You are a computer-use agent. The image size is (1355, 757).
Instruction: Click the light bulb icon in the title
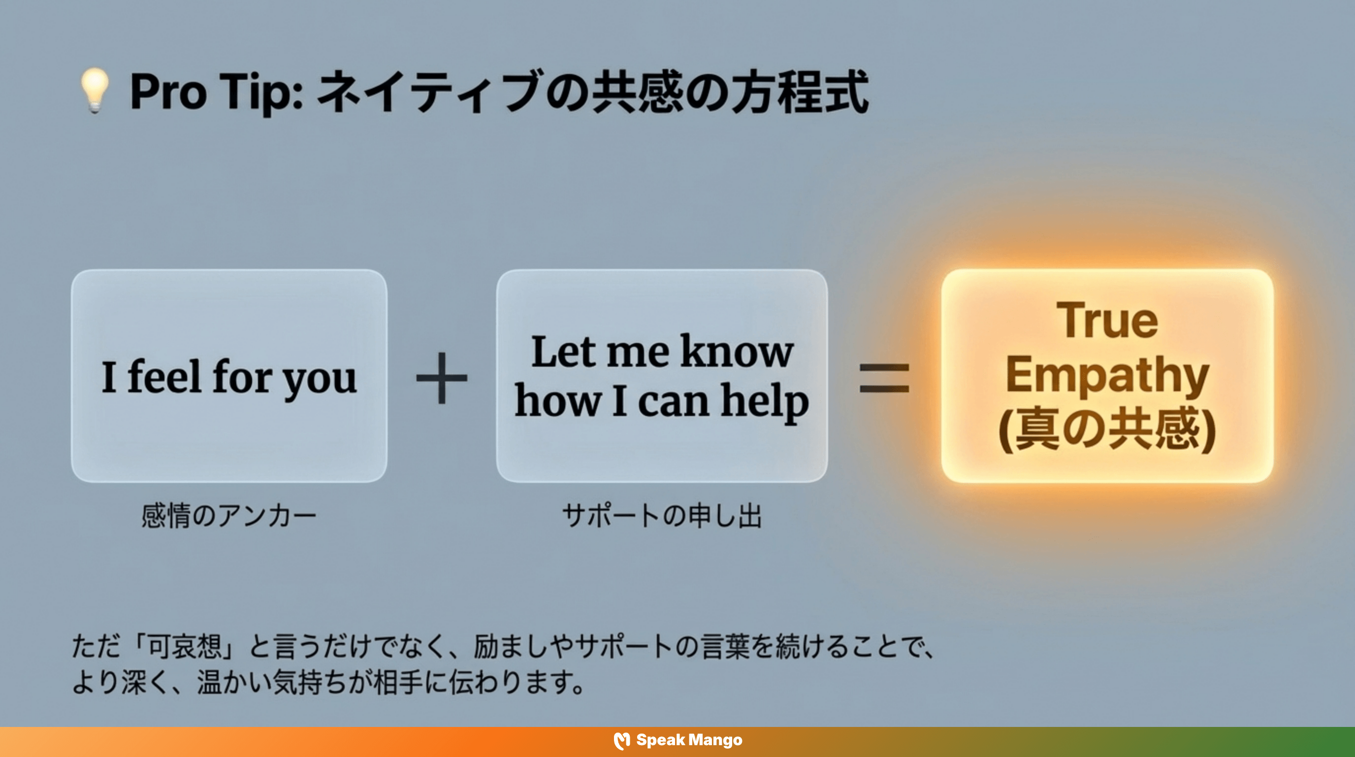point(95,91)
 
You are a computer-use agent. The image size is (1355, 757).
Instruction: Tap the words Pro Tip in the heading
point(216,93)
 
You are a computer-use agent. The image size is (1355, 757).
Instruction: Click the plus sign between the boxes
point(441,378)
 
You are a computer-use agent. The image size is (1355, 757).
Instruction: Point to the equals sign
point(884,378)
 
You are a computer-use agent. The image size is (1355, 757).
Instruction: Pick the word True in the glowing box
point(1107,321)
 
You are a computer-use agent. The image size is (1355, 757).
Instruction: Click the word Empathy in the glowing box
point(1107,376)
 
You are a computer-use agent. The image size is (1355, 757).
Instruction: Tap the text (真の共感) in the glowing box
point(1107,429)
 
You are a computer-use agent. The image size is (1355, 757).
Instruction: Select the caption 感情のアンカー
point(229,516)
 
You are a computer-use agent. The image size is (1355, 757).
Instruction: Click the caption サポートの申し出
point(662,516)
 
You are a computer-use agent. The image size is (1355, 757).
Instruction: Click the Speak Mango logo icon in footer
point(622,741)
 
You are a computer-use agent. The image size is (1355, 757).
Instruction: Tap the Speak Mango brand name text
point(689,740)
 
